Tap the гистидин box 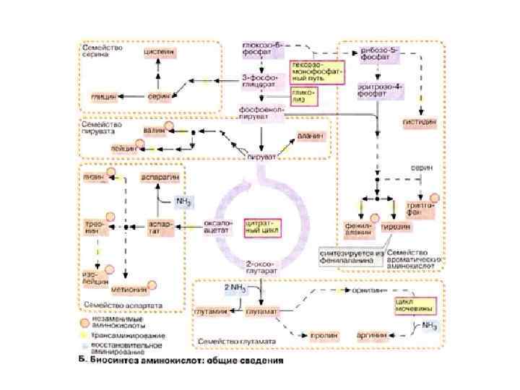(x=418, y=122)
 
